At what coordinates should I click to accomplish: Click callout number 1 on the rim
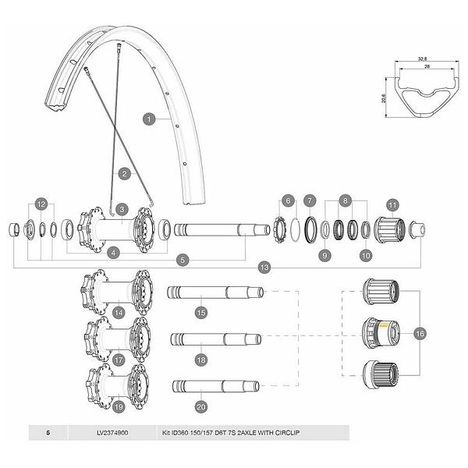[x=148, y=119]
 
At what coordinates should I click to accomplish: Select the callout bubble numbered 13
[x=264, y=268]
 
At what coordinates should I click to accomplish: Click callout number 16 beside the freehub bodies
[x=420, y=333]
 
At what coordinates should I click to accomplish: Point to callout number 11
[x=392, y=205]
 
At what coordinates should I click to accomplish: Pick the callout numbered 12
[x=41, y=204]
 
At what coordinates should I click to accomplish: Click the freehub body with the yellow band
[x=378, y=333]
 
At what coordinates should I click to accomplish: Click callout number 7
[x=310, y=200]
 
